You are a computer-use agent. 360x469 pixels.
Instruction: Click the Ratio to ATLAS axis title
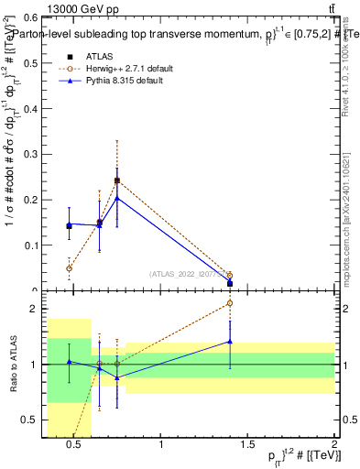(x=11, y=365)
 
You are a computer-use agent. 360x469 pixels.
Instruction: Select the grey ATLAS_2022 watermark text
(x=188, y=273)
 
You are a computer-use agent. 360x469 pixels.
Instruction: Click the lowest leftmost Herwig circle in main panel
(x=70, y=268)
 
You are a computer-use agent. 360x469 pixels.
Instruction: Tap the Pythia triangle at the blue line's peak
(x=116, y=198)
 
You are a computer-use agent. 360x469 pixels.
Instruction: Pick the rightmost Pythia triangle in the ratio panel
(x=230, y=342)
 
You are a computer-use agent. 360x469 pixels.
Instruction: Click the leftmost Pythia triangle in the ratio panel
(x=70, y=362)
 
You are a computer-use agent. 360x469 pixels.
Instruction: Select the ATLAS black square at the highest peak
(x=116, y=180)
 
